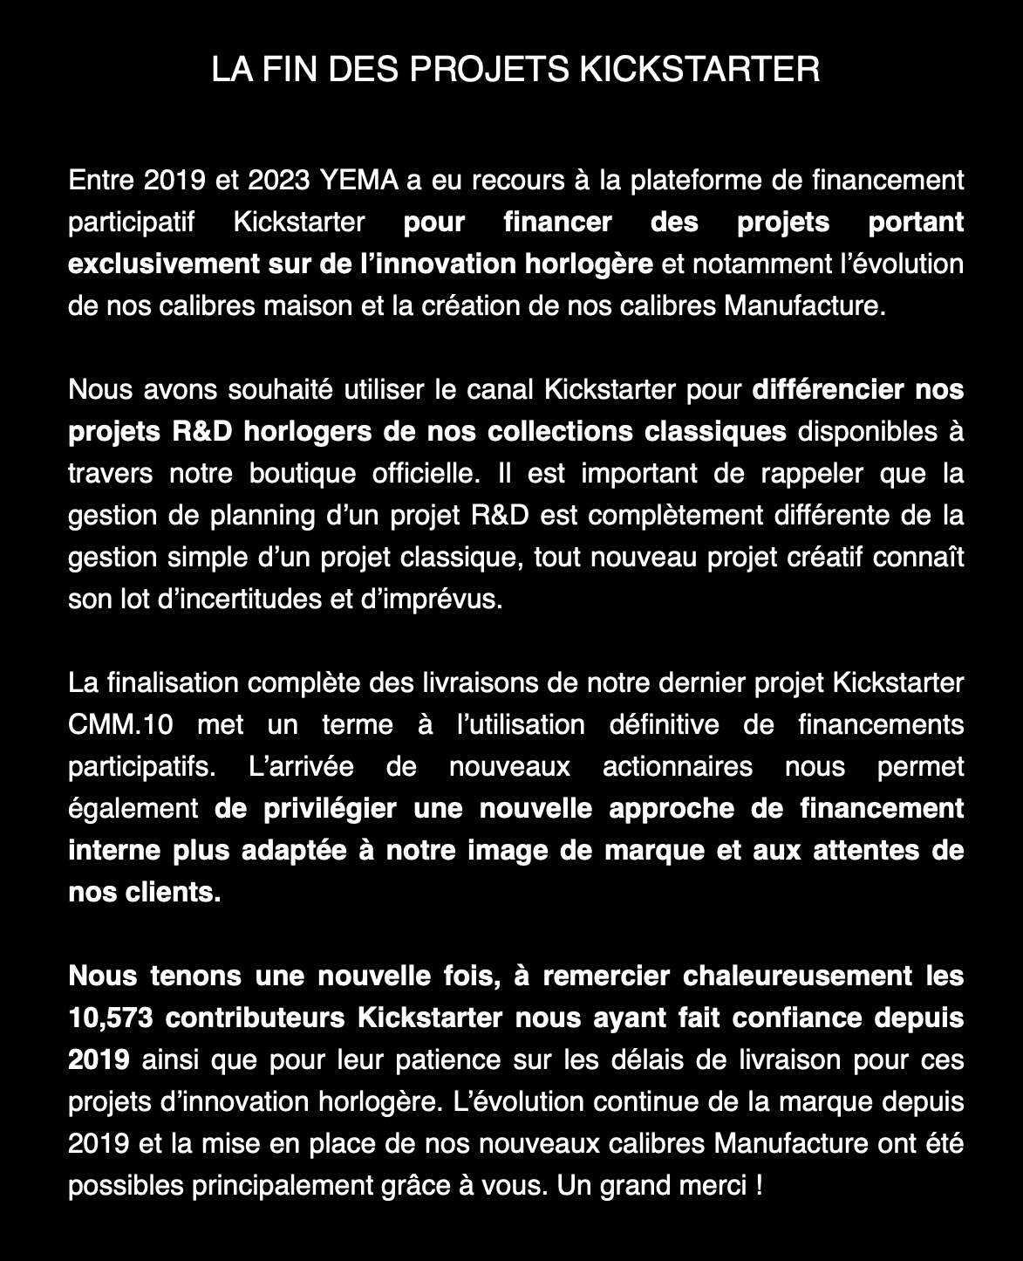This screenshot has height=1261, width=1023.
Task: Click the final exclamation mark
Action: (757, 1186)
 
